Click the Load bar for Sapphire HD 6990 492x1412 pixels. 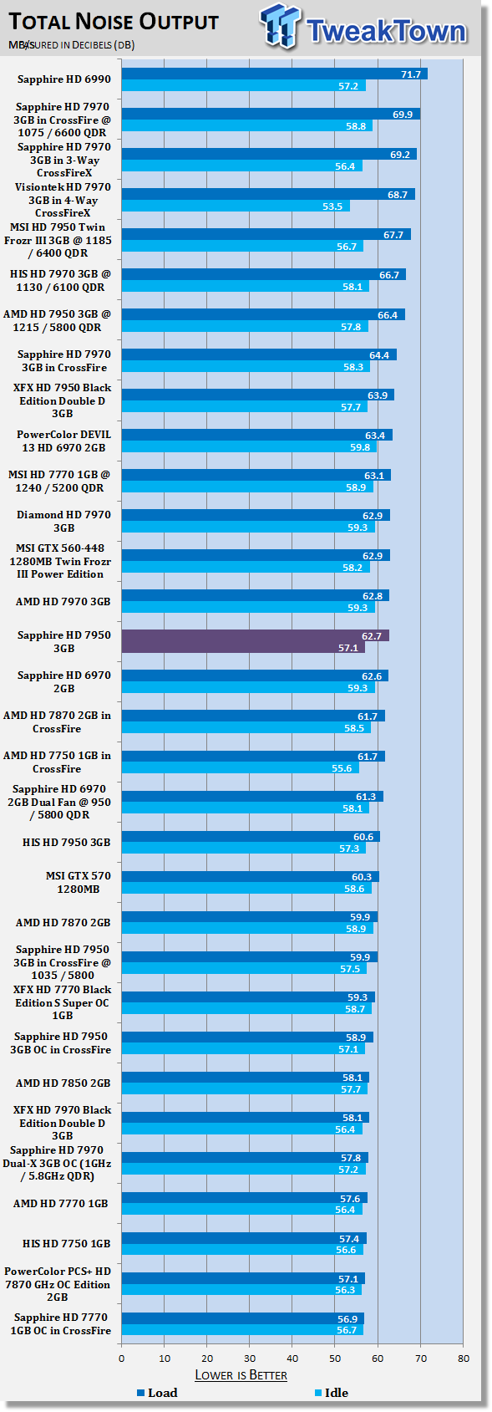(x=275, y=74)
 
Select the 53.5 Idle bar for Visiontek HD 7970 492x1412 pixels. (x=236, y=206)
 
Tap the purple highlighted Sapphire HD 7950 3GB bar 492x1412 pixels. (x=255, y=641)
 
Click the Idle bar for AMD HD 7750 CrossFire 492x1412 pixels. (x=240, y=767)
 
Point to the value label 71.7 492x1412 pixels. (x=411, y=74)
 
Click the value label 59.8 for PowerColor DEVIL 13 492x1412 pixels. (x=360, y=447)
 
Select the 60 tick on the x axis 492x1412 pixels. (x=378, y=1358)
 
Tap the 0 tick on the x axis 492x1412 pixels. (x=122, y=1358)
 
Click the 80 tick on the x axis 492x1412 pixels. (x=464, y=1358)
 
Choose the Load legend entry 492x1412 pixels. (x=158, y=1393)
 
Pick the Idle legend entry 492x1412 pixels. (x=332, y=1393)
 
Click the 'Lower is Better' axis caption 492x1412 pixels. (x=241, y=1375)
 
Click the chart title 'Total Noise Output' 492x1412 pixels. (x=114, y=22)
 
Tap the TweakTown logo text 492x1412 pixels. (x=386, y=31)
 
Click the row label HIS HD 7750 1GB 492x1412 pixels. (x=66, y=1243)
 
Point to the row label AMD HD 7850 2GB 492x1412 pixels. (x=63, y=1083)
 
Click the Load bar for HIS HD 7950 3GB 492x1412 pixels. (x=251, y=837)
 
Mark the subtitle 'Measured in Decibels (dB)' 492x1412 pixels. (x=71, y=45)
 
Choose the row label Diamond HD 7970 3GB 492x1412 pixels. (x=63, y=521)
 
